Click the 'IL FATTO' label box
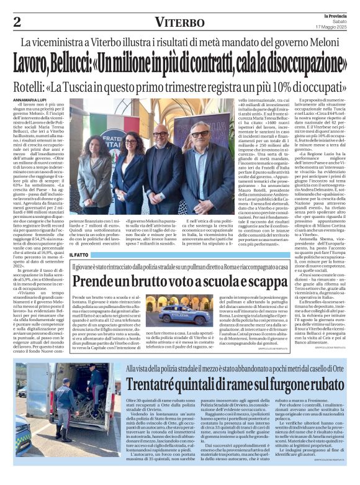pyautogui.click(x=79, y=255)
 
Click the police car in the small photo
pyautogui.click(x=166, y=309)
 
